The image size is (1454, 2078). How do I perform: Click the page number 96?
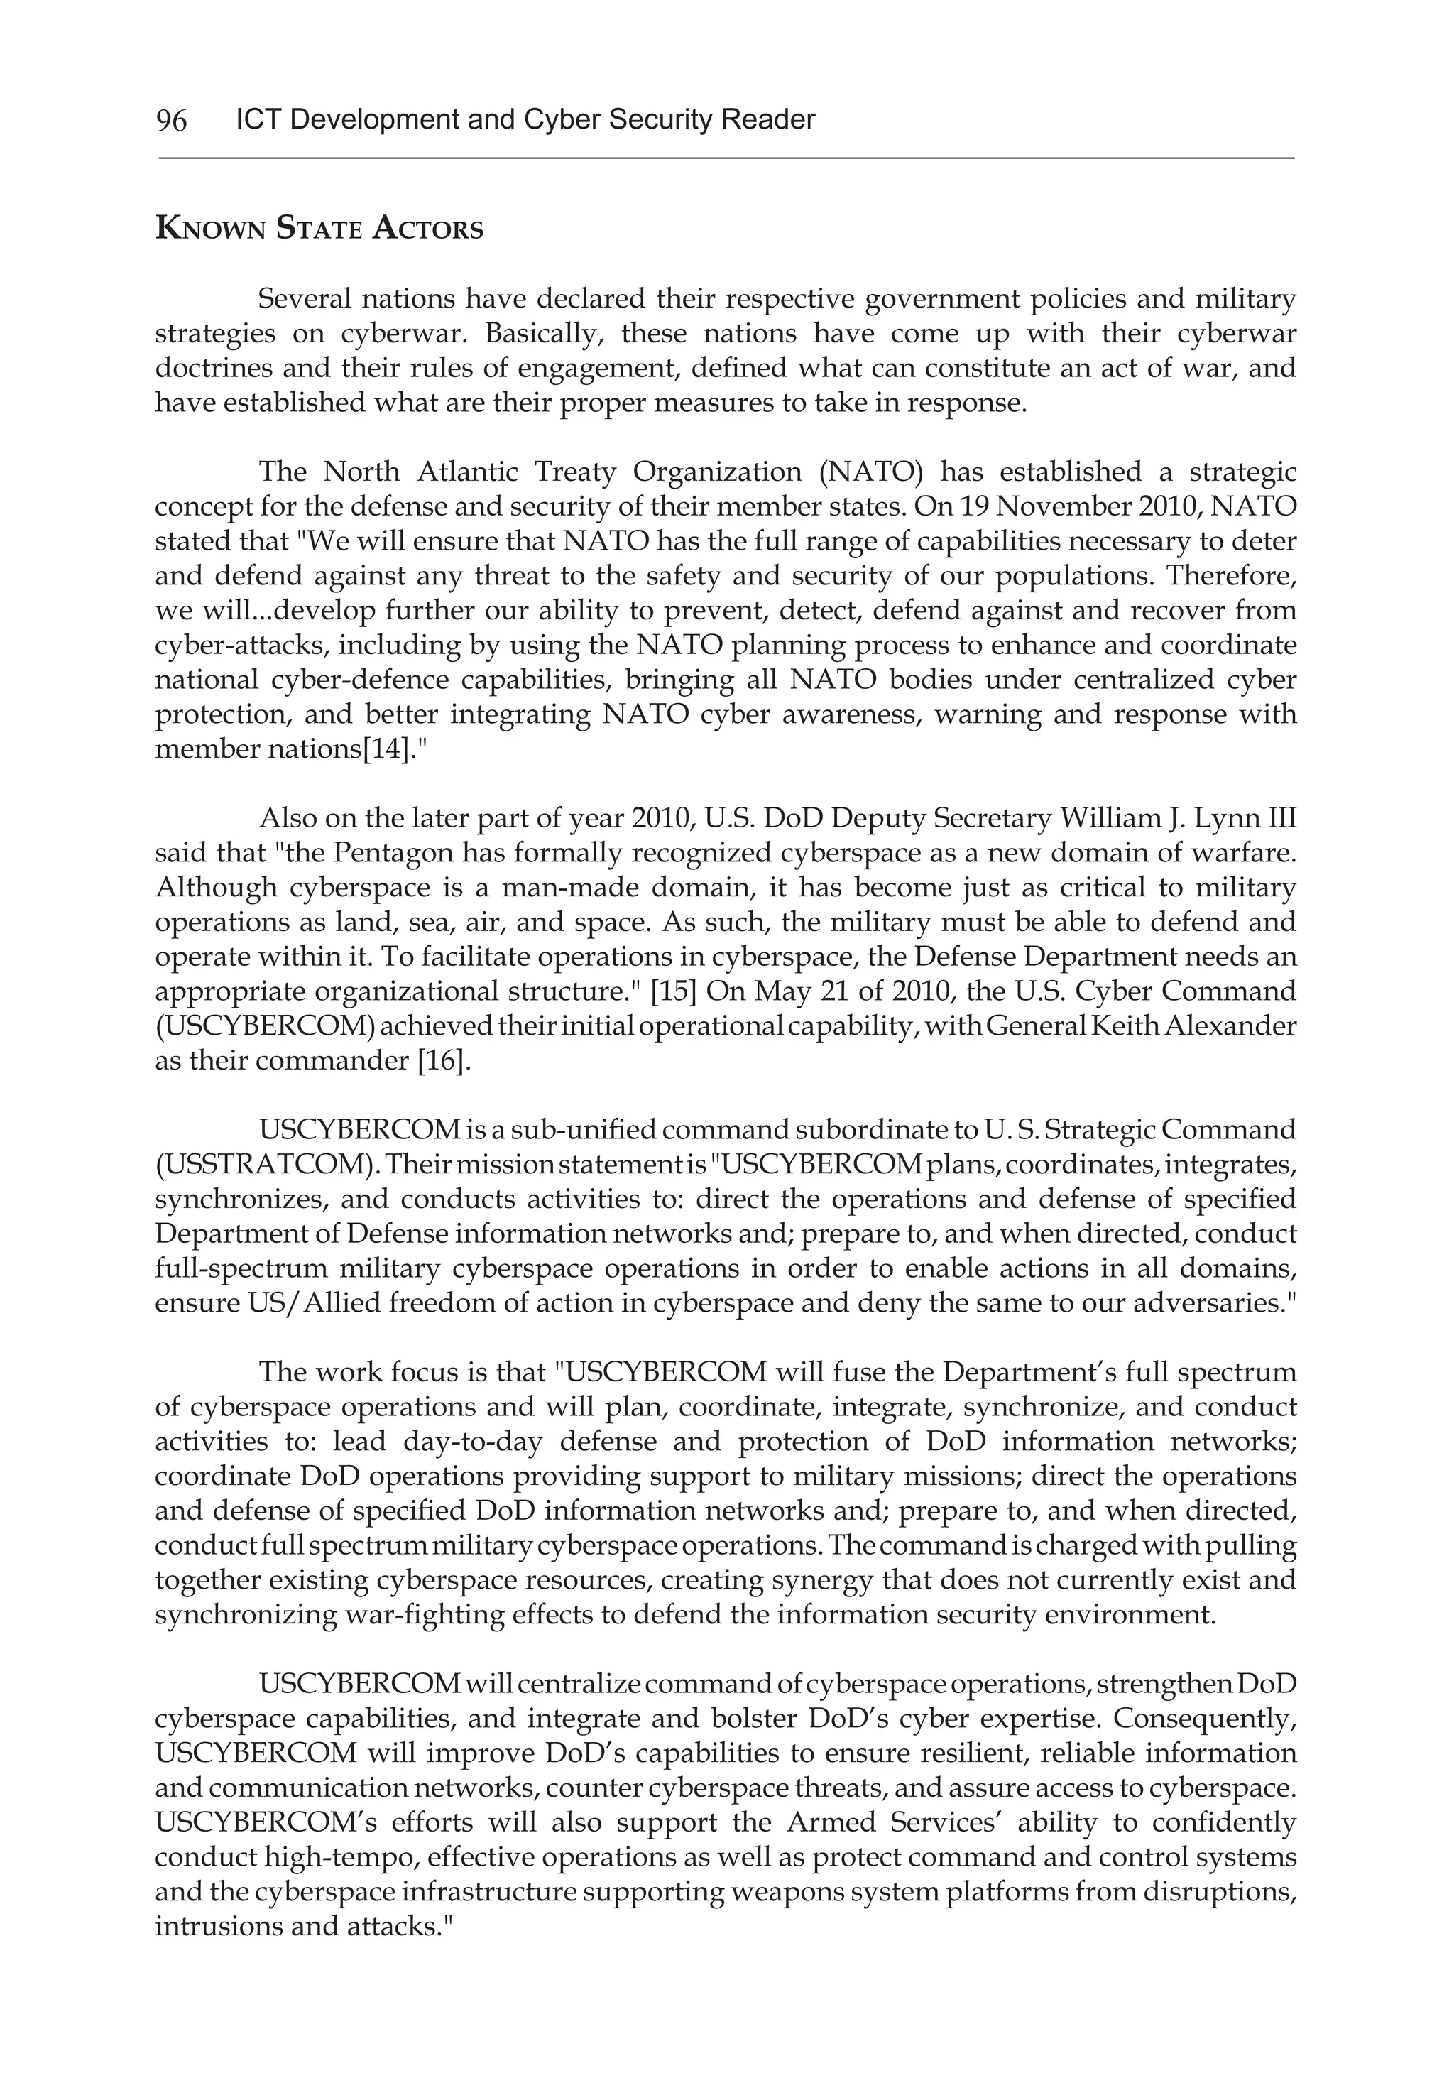171,120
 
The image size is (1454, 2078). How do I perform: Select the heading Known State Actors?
319,228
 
